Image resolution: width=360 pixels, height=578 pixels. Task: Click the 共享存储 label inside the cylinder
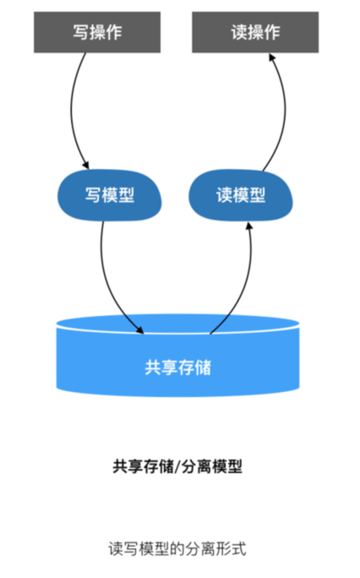pos(178,368)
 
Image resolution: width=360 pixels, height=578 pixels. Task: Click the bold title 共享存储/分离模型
pos(177,466)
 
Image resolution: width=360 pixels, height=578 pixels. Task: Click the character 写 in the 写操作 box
pos(81,33)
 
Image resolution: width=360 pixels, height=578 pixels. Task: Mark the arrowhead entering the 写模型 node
pos(86,166)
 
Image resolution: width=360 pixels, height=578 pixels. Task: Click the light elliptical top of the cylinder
pos(177,323)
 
